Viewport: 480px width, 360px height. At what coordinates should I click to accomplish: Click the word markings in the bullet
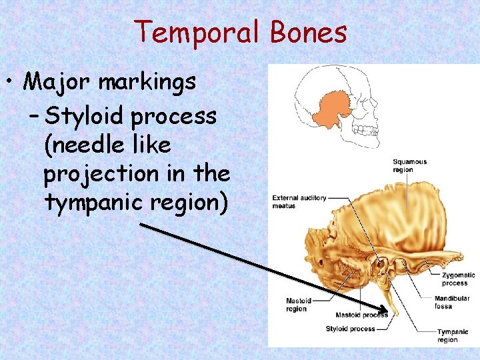(147, 83)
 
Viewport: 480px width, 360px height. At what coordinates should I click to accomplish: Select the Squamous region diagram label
(409, 165)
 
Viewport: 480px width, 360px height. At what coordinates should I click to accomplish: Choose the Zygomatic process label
(458, 279)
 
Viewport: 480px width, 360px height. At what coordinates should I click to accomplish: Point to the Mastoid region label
(298, 305)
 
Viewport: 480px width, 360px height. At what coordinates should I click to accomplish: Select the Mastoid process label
(361, 315)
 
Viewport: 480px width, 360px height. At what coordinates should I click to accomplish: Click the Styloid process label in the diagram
(350, 329)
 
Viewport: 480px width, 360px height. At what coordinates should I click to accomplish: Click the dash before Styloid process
(34, 116)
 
